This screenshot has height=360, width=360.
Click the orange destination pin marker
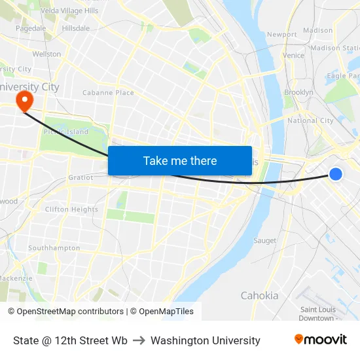point(25,100)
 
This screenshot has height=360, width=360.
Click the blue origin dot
point(335,173)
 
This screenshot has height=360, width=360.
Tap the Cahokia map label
point(259,295)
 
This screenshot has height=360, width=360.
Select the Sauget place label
point(264,241)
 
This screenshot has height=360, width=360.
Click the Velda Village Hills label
point(69,11)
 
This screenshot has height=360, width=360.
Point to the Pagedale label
point(31,28)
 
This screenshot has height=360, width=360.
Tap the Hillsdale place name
point(75,28)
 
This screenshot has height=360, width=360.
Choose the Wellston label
point(46,54)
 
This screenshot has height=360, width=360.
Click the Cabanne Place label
point(108,93)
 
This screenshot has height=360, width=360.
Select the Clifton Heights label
point(71,209)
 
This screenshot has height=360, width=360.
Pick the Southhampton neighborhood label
point(54,248)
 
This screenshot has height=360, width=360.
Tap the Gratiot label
point(81,177)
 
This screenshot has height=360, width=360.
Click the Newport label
point(282,34)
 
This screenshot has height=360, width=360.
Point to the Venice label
point(294,56)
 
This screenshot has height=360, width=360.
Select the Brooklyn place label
point(298,93)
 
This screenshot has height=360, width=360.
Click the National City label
point(310,120)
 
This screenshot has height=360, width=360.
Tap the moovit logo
point(320,340)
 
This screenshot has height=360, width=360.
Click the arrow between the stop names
point(139,340)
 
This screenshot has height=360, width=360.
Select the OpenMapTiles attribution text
point(162,312)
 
